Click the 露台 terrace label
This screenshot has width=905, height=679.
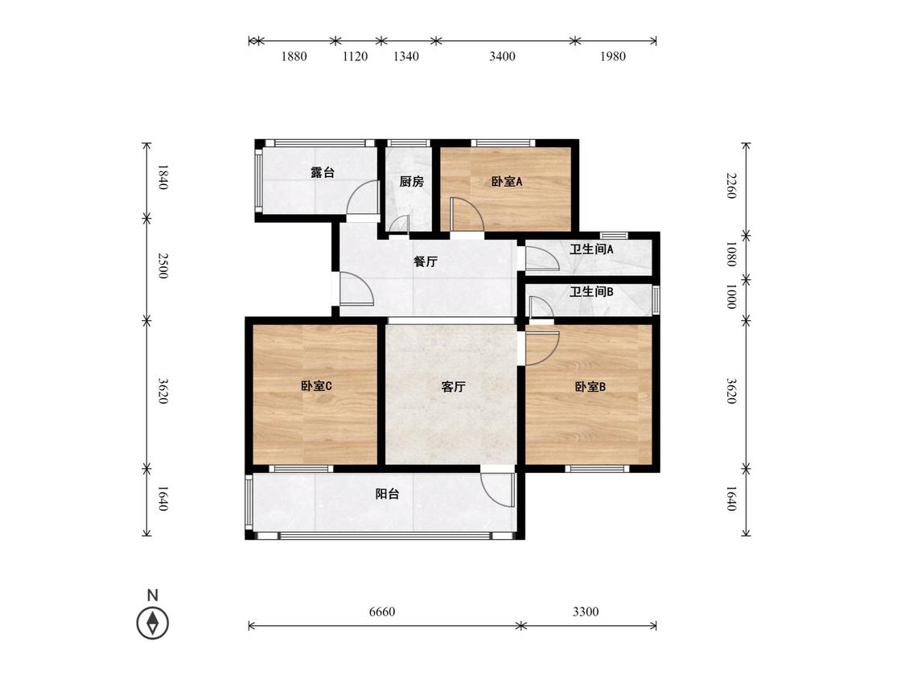coord(322,172)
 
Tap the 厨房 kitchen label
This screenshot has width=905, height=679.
coord(412,181)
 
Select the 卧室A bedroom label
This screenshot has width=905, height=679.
coord(507,181)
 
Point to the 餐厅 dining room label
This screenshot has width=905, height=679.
coord(426,261)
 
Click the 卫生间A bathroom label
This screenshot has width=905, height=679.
coord(591,249)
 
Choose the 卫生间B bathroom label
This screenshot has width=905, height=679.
coord(591,291)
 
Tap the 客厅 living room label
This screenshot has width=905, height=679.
coord(453,387)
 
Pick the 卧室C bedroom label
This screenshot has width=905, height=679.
coord(316,385)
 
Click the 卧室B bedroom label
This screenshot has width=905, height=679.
coord(590,387)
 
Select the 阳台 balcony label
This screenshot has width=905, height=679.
coord(387,494)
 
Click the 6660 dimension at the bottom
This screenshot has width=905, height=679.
coord(382,611)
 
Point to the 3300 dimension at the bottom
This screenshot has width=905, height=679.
coord(586,611)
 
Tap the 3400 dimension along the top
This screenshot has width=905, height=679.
coord(502,56)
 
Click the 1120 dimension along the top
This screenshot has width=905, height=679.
coord(355,56)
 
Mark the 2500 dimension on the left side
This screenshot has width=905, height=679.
coord(162,265)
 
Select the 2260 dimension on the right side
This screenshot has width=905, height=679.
coord(731,185)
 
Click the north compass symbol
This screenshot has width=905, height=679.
coord(152,623)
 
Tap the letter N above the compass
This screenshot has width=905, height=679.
coord(152,595)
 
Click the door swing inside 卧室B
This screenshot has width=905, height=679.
coord(542,349)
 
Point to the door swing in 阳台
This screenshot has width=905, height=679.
coord(497,490)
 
